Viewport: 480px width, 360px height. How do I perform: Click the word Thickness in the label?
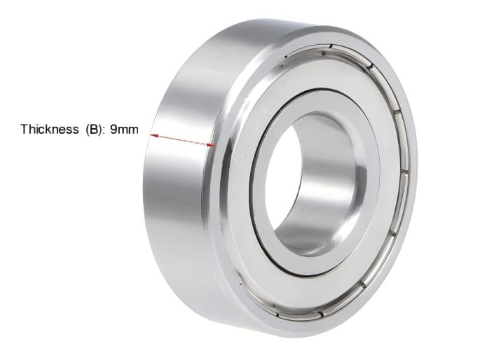(x=49, y=130)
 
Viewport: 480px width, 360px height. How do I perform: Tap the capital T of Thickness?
(x=24, y=130)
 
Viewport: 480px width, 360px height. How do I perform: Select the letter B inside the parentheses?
(x=92, y=130)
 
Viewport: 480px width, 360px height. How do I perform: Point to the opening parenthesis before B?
(x=87, y=130)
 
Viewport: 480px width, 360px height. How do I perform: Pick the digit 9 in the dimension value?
(x=114, y=130)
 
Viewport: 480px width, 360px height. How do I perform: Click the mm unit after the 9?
(x=129, y=130)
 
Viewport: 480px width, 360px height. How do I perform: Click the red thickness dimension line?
(x=182, y=140)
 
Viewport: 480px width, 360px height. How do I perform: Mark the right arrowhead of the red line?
(x=211, y=146)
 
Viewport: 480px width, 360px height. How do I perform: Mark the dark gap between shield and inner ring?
(x=371, y=210)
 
